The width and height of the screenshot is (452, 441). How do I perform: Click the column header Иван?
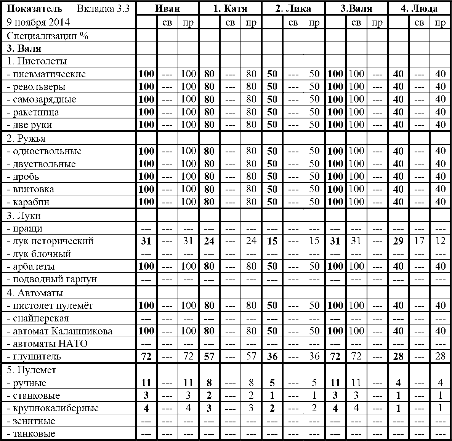[167, 9]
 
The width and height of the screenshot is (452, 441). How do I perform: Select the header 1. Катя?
[230, 9]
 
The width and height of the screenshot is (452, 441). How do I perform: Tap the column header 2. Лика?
[293, 9]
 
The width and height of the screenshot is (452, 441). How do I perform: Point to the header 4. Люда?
[419, 9]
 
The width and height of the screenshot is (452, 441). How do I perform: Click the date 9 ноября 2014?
[38, 22]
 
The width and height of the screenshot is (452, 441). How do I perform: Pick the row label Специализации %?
[48, 36]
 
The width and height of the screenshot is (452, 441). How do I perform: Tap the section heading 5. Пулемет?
[32, 370]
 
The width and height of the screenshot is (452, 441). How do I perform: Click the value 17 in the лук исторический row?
[419, 241]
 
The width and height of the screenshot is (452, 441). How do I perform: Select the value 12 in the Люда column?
[440, 241]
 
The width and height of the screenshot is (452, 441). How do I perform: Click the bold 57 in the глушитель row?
[209, 357]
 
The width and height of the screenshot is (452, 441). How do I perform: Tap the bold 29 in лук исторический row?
[398, 241]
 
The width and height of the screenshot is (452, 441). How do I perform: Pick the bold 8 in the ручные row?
[209, 383]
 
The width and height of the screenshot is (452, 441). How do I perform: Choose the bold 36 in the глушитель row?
[272, 357]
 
